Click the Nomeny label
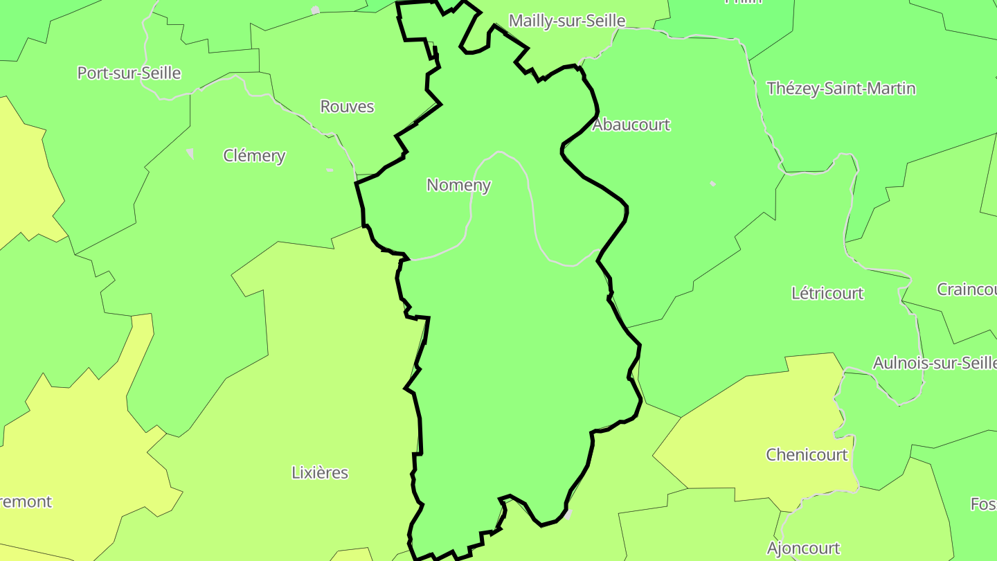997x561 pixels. [x=458, y=185]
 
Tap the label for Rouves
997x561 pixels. [x=347, y=107]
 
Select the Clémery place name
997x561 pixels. [x=254, y=156]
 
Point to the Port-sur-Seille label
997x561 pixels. [x=129, y=73]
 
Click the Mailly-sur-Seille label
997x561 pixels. [x=567, y=21]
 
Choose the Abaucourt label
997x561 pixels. [x=631, y=125]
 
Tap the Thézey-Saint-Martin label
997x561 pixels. [x=841, y=89]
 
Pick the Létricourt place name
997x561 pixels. [x=827, y=293]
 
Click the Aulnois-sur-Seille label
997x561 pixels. [x=934, y=363]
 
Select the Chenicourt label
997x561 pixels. [x=807, y=455]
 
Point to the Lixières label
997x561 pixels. [x=320, y=473]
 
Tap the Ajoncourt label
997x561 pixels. [x=803, y=549]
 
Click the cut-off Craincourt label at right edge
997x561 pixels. [x=967, y=290]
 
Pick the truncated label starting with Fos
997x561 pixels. [x=982, y=504]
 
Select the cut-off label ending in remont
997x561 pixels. [x=26, y=501]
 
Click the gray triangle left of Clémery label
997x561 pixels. [x=190, y=153]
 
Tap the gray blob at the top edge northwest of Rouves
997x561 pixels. [x=316, y=10]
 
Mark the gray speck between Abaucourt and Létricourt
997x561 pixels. [x=713, y=184]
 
